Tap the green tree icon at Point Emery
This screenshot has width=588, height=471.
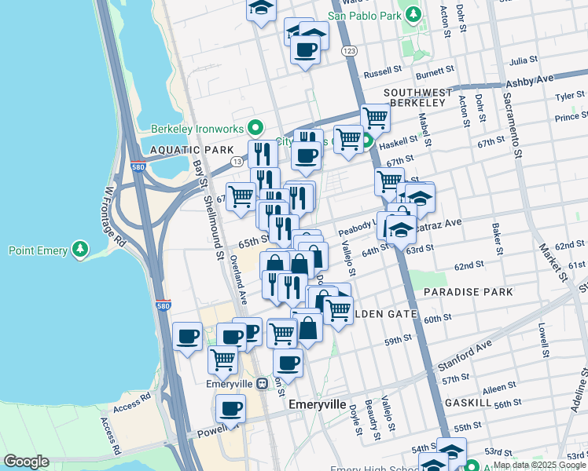79,250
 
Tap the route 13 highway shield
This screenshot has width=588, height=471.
236,161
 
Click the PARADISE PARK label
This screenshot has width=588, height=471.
468,292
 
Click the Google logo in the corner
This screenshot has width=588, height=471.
26,462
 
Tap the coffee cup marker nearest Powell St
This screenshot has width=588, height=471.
230,408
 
